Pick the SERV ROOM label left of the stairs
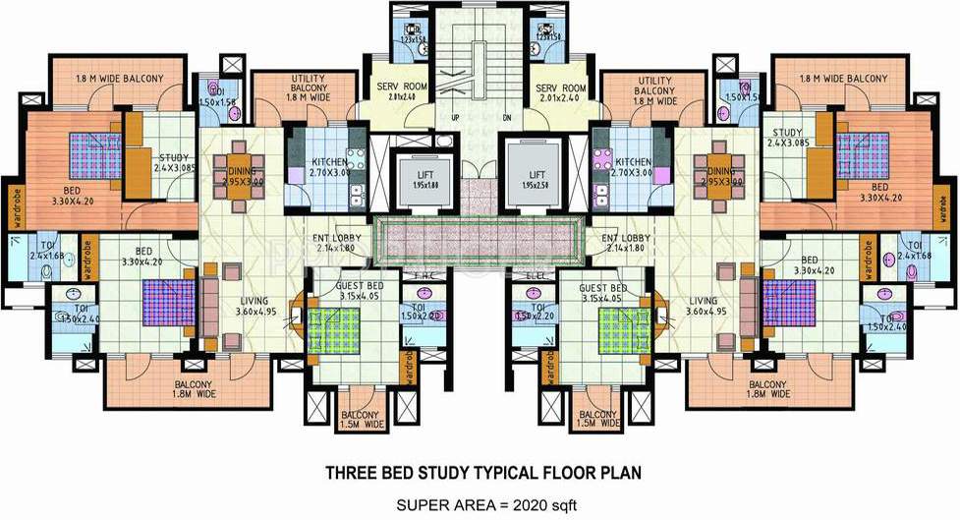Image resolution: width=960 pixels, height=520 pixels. coord(400,92)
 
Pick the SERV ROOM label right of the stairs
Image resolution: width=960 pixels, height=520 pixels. coord(561,92)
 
